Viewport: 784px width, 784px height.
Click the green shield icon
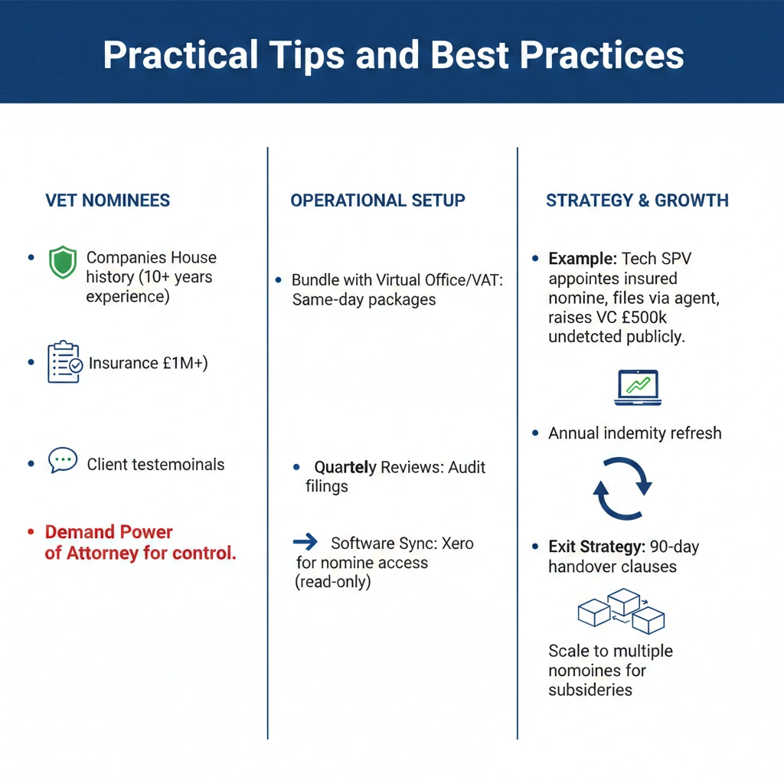point(63,262)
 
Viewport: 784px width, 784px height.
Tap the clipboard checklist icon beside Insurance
point(64,362)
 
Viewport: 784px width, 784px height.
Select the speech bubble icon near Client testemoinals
point(63,460)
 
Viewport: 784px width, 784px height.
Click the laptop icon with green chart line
point(638,387)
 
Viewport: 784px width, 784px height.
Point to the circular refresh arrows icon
point(622,488)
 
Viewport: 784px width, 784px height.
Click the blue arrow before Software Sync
point(305,541)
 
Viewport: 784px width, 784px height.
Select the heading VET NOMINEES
point(107,201)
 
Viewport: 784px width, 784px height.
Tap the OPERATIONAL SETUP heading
point(377,201)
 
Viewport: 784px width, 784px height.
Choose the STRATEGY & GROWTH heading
point(637,201)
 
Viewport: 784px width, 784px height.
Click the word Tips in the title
point(306,55)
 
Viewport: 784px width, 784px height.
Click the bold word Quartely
point(345,468)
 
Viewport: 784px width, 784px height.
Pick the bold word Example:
point(583,259)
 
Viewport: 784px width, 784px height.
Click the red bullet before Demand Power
point(31,532)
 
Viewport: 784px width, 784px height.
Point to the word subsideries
point(590,690)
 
